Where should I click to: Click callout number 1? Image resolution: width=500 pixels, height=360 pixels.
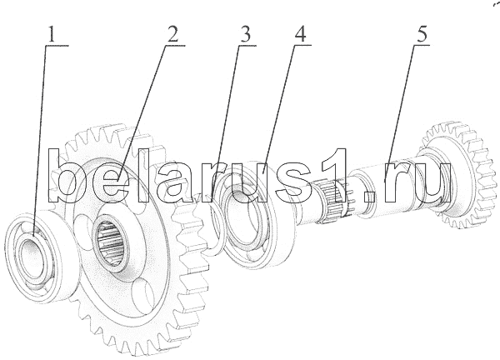tap(52, 35)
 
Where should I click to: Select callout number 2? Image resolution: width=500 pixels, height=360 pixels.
tap(172, 35)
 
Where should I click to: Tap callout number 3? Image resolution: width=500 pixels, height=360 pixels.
tap(245, 35)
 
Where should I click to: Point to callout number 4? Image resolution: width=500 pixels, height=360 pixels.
tap(301, 35)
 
